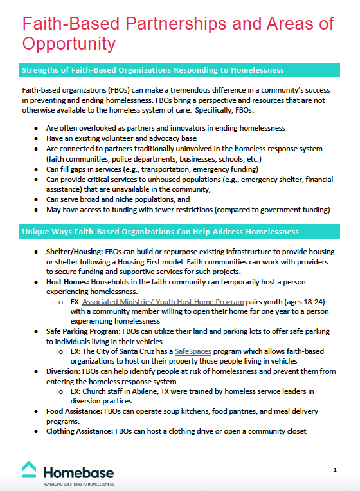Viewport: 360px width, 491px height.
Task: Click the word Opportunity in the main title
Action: (x=69, y=43)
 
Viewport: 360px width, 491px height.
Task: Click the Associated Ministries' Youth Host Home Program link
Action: (x=163, y=301)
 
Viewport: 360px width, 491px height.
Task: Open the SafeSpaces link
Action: (x=193, y=351)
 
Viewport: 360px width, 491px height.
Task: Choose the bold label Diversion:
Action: (x=64, y=371)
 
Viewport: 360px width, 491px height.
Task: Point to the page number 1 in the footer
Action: (x=335, y=470)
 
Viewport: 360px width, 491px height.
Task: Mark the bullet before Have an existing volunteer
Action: (x=36, y=138)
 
